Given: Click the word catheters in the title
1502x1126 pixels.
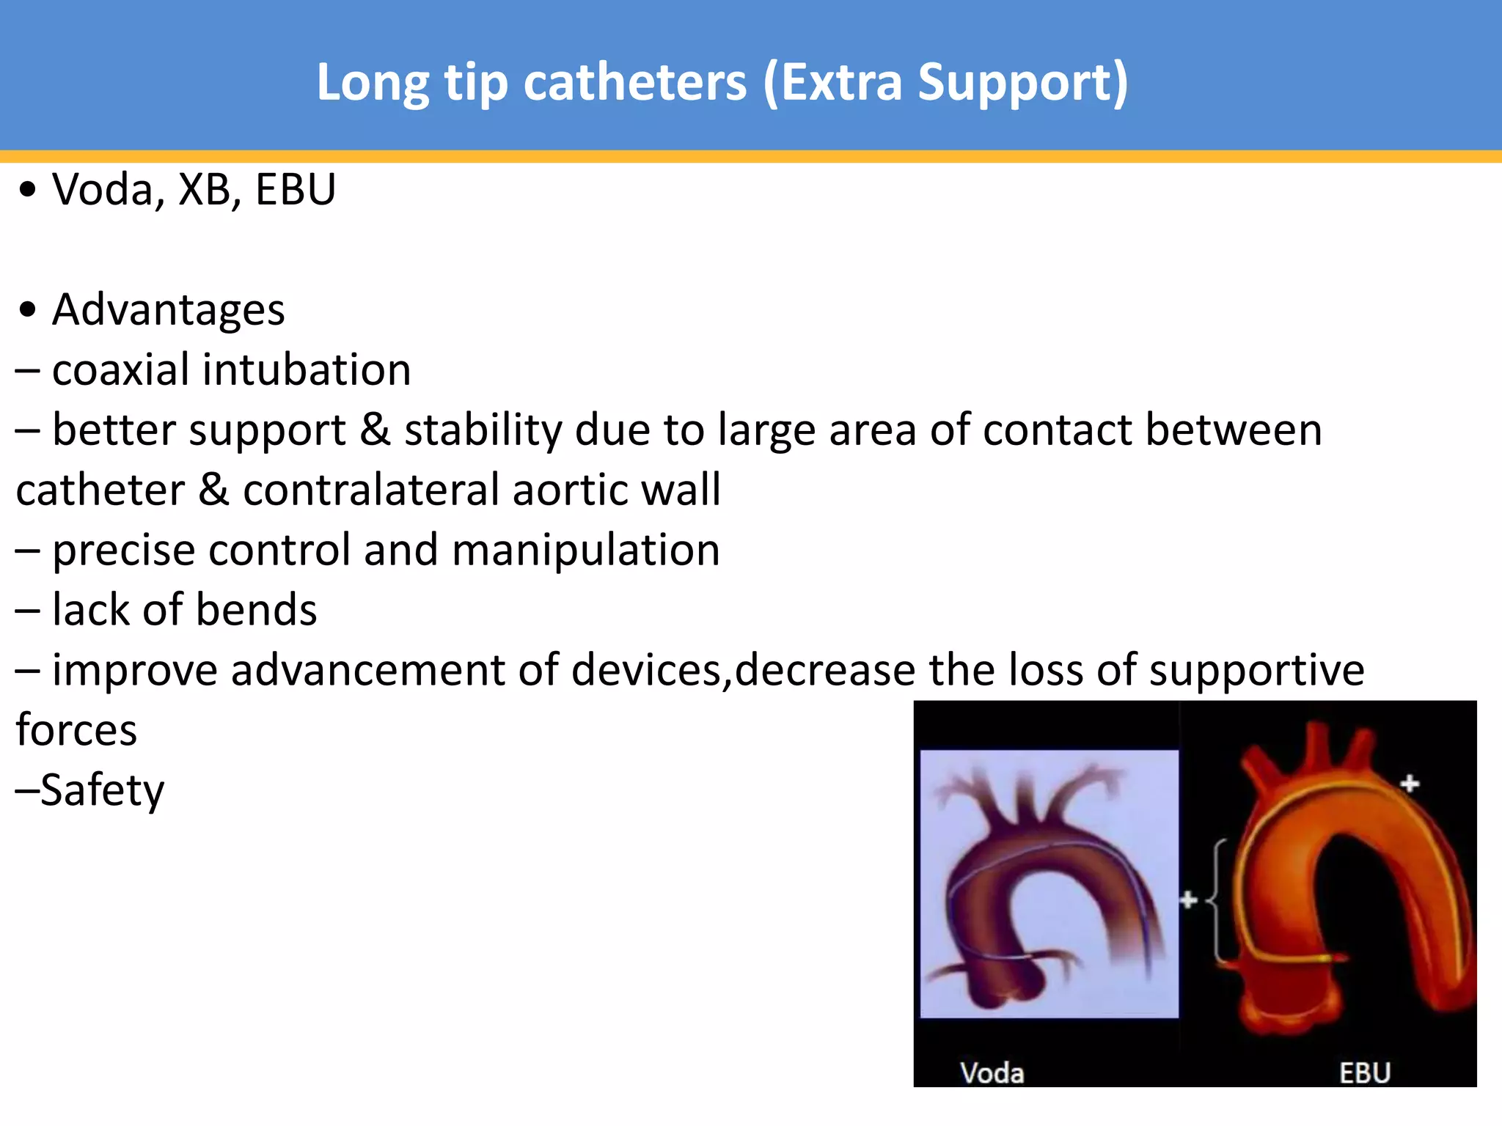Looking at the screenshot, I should (635, 83).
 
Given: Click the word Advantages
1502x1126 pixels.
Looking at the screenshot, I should (169, 310).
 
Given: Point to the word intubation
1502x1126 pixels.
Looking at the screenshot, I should (307, 369).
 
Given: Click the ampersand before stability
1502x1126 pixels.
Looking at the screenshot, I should (375, 430).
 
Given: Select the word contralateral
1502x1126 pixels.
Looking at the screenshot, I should (370, 490).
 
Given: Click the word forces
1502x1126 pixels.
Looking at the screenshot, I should (76, 730).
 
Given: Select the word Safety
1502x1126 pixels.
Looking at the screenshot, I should (102, 790).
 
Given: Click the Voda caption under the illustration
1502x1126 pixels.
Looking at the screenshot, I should (992, 1073).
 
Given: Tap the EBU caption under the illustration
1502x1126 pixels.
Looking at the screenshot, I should (1364, 1073).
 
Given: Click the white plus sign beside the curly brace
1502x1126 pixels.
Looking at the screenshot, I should (1188, 899).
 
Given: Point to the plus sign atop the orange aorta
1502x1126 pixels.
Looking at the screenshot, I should (1409, 784).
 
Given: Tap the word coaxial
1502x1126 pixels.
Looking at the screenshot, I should (121, 369).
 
